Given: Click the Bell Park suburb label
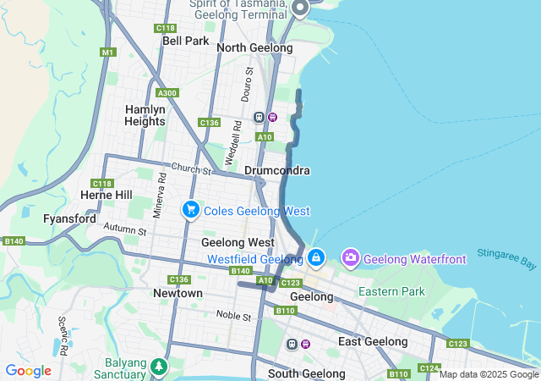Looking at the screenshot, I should (x=185, y=41).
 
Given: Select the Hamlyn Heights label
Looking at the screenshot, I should (x=145, y=115).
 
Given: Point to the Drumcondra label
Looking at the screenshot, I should (x=277, y=170).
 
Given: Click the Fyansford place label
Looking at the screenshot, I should (x=69, y=218).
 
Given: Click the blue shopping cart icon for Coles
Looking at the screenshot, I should (x=191, y=209).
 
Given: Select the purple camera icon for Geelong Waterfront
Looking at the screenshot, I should (x=351, y=257).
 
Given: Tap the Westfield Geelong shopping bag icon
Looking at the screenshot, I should (x=316, y=257).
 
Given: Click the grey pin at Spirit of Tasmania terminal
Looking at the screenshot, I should (x=300, y=8).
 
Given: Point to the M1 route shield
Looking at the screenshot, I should (x=107, y=52).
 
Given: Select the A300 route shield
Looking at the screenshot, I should (x=167, y=93).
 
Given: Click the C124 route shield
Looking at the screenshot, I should (x=429, y=368).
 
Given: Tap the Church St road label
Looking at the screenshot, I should (x=190, y=169).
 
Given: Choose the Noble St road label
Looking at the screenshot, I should (x=233, y=316).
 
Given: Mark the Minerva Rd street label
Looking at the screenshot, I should (x=157, y=200).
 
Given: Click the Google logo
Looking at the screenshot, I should (x=28, y=371).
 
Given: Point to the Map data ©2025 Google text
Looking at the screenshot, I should (x=488, y=374).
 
